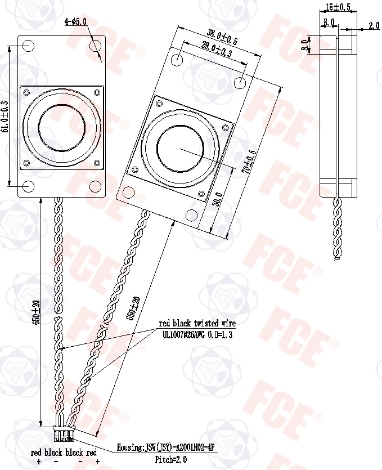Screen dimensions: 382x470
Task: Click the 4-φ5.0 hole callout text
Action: (75, 21)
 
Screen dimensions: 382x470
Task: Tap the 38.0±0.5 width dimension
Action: (222, 37)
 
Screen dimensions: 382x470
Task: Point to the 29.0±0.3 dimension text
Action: (217, 50)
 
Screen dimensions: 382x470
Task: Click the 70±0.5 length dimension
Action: (249, 161)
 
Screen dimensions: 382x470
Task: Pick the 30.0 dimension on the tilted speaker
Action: (218, 199)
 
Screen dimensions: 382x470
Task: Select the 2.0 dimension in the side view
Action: (374, 26)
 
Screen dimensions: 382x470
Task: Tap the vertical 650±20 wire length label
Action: (37, 312)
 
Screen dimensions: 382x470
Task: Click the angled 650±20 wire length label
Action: (134, 308)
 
